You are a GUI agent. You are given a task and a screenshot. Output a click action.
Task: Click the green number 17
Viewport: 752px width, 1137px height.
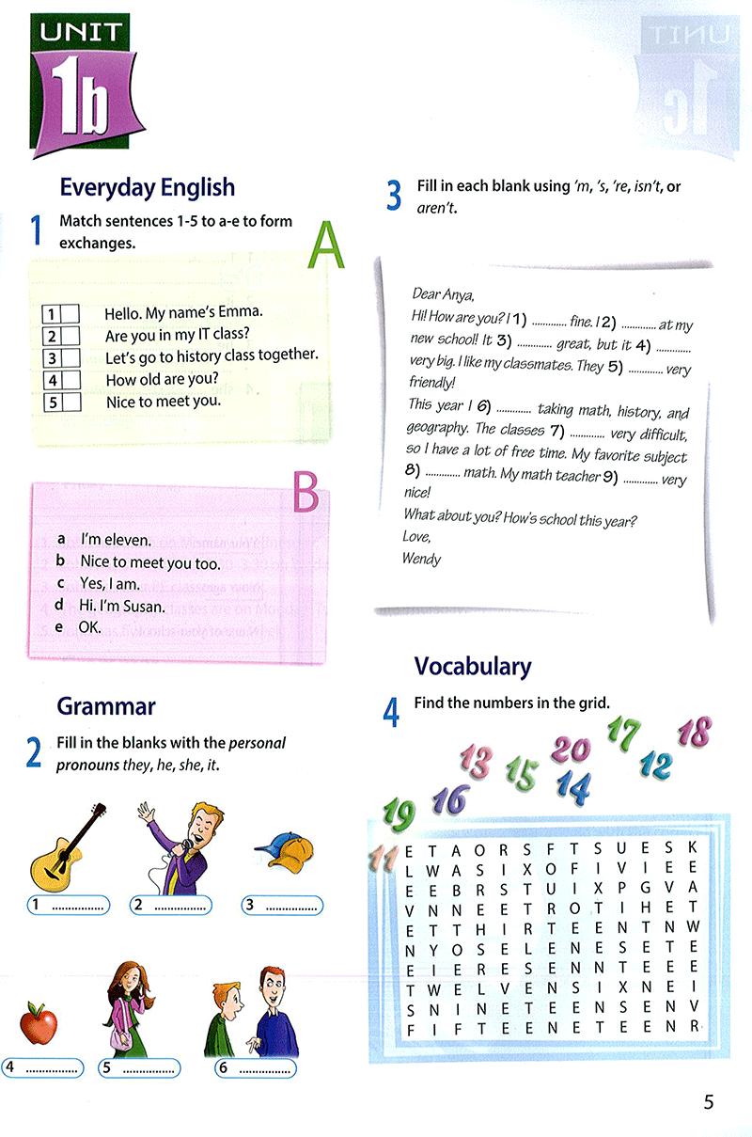[623, 732]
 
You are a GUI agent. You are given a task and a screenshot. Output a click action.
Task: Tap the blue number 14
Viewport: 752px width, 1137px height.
[572, 784]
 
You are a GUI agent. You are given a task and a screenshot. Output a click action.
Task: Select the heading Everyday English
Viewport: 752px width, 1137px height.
[147, 186]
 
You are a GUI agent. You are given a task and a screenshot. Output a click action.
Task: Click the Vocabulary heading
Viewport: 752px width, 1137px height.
[473, 666]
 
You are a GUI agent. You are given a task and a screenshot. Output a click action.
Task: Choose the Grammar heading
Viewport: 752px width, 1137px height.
[106, 705]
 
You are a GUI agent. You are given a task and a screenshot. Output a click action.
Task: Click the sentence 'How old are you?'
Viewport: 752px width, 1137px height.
[163, 380]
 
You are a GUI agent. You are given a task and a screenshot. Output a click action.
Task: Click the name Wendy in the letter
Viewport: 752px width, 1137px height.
[421, 558]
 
